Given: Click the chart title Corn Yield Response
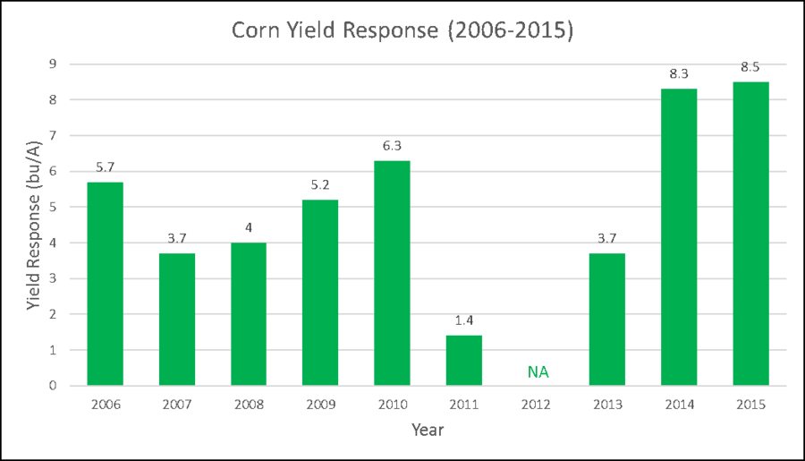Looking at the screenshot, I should click(402, 30).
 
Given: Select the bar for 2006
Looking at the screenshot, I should click(105, 283).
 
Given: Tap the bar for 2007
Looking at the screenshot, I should click(177, 319).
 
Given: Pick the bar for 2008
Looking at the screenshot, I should click(249, 313).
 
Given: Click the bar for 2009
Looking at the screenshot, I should click(320, 292).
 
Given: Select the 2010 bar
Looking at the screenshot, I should click(392, 272).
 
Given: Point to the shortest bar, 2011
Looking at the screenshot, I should click(464, 360).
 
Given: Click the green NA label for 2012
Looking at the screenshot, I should click(538, 371).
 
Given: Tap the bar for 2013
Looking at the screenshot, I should click(607, 319).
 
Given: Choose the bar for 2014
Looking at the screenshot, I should click(679, 236).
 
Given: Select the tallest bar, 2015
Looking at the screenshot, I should click(750, 233).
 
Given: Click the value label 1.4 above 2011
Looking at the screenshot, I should click(464, 319).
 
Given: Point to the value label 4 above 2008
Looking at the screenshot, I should click(249, 227).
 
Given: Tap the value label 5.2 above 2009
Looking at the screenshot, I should click(320, 184).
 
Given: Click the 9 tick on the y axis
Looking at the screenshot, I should click(53, 64).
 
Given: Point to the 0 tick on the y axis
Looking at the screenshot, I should click(53, 386).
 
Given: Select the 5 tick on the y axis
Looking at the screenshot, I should click(53, 207).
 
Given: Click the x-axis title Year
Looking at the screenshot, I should click(428, 430).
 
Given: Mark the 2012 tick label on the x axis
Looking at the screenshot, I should click(536, 404).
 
